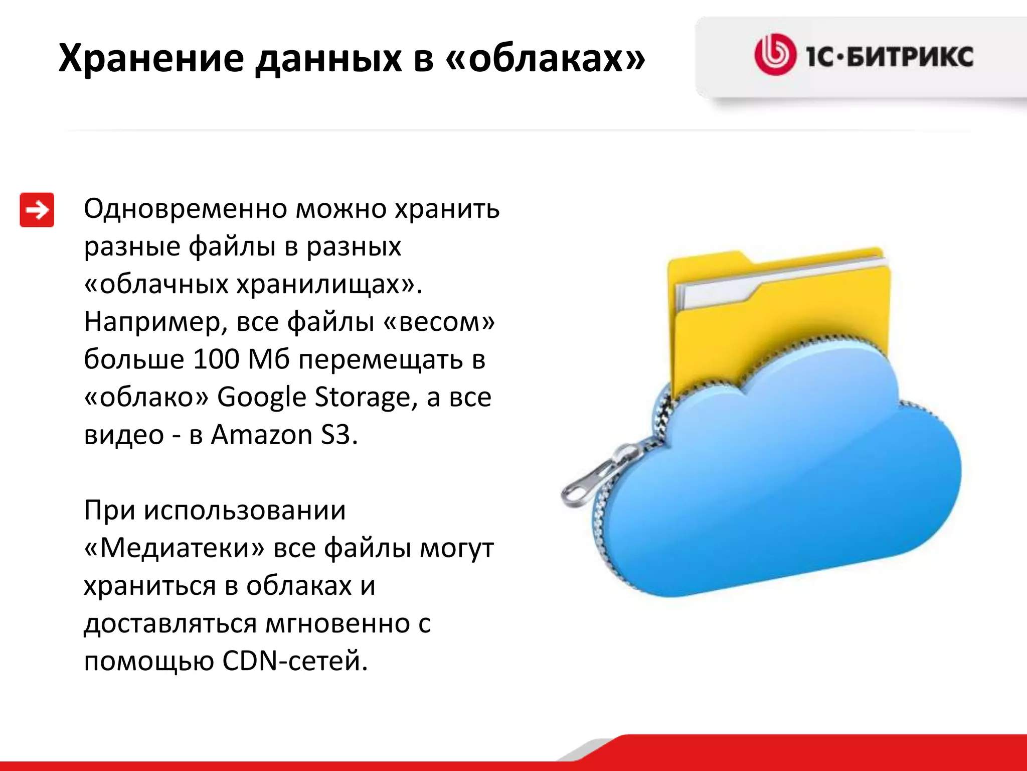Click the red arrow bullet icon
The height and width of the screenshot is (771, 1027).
pos(37,210)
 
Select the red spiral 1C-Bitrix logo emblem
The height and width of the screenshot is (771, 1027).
pos(775,55)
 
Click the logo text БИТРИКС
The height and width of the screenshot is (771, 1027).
pos(910,56)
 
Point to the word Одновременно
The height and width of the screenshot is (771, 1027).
pos(185,208)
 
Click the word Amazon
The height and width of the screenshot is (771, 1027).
pos(261,435)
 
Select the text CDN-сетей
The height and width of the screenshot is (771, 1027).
pos(295,661)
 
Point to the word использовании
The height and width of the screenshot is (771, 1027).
pos(245,510)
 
